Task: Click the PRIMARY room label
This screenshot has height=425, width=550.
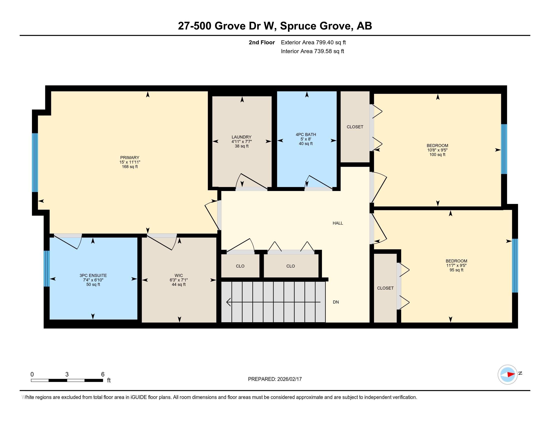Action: click(130, 157)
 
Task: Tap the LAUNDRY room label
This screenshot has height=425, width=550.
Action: click(241, 137)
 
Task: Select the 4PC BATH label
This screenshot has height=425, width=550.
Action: click(306, 134)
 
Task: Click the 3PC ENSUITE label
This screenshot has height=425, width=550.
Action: click(93, 275)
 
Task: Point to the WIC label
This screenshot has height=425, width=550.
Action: click(178, 275)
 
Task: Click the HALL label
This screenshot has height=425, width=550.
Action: click(337, 223)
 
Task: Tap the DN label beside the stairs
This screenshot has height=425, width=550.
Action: click(336, 302)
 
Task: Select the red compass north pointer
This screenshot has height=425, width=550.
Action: click(511, 375)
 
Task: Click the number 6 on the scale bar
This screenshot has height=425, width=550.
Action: click(102, 374)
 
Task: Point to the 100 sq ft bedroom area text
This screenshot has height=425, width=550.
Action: click(437, 154)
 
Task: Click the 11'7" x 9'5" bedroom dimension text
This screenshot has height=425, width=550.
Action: click(456, 265)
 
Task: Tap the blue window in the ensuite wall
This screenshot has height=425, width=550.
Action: click(46, 268)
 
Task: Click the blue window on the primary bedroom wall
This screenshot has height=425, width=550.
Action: click(35, 162)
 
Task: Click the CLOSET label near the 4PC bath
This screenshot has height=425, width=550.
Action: click(355, 127)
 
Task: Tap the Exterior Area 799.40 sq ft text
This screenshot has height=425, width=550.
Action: click(313, 42)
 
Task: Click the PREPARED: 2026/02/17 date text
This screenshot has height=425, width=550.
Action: click(275, 379)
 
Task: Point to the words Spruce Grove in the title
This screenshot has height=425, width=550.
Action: click(316, 26)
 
